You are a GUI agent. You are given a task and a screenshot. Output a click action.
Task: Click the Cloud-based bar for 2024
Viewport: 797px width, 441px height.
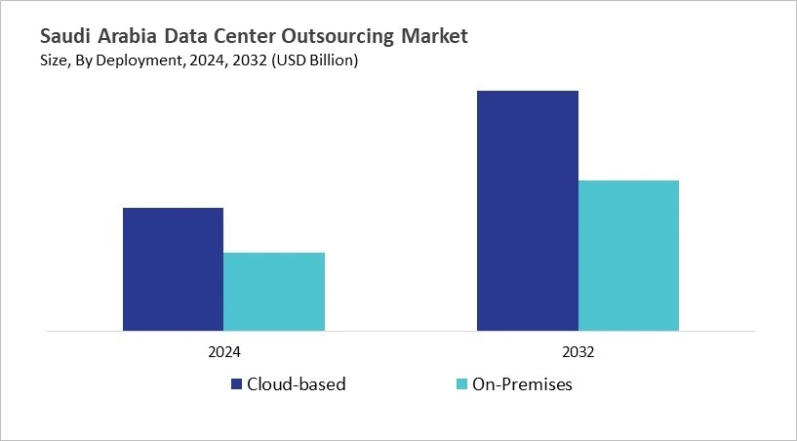[x=173, y=269]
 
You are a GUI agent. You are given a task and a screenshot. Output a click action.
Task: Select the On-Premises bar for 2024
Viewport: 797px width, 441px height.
[x=274, y=292]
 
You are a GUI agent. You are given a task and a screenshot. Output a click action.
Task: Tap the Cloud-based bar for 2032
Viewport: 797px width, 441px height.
[x=527, y=211]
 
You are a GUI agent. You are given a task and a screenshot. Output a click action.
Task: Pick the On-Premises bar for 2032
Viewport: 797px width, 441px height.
[x=628, y=256]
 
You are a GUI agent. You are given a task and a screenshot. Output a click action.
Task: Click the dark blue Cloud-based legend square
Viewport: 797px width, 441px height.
[x=236, y=384]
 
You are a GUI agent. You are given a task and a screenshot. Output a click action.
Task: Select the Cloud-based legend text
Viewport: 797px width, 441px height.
[x=297, y=384]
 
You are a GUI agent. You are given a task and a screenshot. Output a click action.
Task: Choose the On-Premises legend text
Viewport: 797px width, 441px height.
[x=523, y=384]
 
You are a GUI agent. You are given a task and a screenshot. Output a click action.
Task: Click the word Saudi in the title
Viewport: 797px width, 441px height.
[x=65, y=37]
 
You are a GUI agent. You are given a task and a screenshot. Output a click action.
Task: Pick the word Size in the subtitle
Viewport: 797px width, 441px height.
[x=54, y=61]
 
